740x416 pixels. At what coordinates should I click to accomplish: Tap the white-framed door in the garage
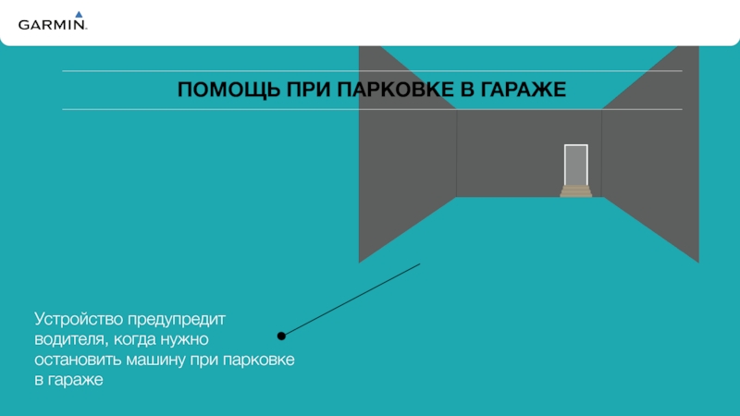coord(576,165)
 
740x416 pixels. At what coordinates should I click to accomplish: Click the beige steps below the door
coord(576,191)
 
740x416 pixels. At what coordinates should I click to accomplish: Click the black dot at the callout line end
coord(281,335)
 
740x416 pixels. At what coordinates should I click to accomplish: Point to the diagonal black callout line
coord(351,299)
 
